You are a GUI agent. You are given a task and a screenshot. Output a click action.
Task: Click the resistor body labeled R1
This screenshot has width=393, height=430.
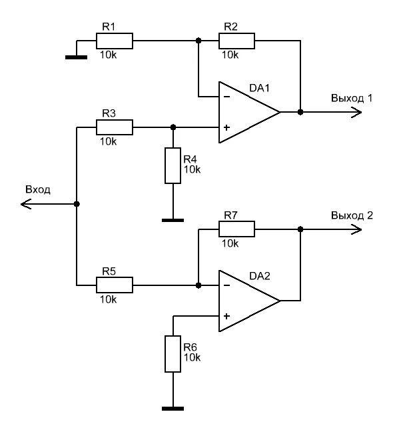tap(115, 41)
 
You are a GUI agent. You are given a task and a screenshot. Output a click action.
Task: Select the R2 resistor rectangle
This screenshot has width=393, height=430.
tap(236, 41)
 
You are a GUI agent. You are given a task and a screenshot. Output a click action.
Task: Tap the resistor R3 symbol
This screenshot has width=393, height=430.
tap(115, 127)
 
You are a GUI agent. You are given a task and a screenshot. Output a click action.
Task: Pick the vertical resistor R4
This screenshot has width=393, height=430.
tap(173, 165)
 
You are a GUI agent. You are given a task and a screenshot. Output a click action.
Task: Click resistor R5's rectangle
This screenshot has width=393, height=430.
tap(115, 285)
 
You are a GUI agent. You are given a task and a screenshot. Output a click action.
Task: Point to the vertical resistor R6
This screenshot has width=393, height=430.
tap(173, 354)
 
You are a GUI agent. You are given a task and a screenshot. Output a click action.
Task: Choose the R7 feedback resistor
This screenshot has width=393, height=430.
tap(236, 229)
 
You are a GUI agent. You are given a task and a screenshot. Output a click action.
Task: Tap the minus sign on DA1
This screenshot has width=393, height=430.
tap(226, 97)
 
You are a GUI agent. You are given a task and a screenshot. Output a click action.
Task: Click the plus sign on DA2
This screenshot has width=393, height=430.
tap(226, 316)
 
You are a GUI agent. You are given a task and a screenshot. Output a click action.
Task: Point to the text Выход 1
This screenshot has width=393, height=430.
tap(352, 98)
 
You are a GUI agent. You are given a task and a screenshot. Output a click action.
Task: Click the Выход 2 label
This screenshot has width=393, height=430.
tap(352, 215)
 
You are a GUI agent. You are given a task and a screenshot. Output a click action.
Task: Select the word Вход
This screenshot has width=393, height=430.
tap(38, 189)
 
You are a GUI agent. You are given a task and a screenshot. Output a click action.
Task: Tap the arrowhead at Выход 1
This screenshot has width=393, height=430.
tap(356, 112)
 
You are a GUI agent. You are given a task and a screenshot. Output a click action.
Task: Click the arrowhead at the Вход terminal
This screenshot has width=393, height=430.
tap(26, 204)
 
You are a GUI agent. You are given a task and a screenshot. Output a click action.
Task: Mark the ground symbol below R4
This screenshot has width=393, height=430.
tap(173, 220)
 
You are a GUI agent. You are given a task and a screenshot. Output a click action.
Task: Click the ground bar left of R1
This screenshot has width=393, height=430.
tap(76, 57)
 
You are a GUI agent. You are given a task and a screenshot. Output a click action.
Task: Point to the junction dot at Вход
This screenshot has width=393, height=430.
tap(77, 204)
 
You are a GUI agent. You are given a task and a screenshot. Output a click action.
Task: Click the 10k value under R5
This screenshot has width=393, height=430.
tap(109, 299)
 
